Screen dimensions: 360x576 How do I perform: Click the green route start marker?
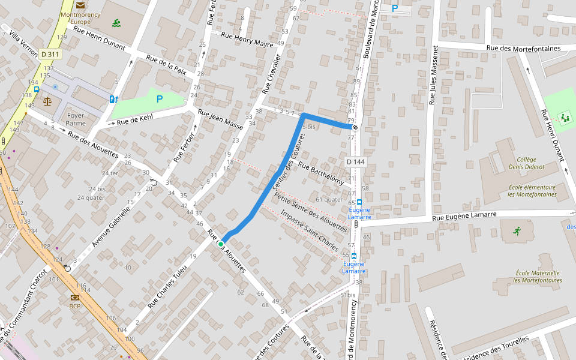pyautogui.click(x=221, y=244)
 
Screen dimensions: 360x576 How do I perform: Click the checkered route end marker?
pyautogui.click(x=355, y=127)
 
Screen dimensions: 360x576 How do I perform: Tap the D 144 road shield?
pyautogui.click(x=355, y=162)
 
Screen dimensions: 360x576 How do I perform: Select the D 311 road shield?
pyautogui.click(x=50, y=54)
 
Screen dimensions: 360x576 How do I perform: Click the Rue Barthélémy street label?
pyautogui.click(x=320, y=174)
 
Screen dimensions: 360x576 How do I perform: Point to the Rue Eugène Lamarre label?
pyautogui.click(x=465, y=215)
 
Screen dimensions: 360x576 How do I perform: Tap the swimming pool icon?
pyautogui.click(x=116, y=23)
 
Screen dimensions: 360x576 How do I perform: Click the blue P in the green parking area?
pyautogui.click(x=160, y=100)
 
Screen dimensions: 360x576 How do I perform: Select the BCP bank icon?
pyautogui.click(x=75, y=298)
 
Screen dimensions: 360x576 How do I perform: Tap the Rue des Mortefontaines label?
pyautogui.click(x=523, y=48)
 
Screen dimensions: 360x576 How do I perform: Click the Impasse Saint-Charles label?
pyautogui.click(x=309, y=230)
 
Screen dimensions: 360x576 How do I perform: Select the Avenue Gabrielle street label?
pyautogui.click(x=111, y=229)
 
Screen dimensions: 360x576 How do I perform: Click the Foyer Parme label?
pyautogui.click(x=76, y=119)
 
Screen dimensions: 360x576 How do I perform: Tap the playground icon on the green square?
pyautogui.click(x=564, y=118)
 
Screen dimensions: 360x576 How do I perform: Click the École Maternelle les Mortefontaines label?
pyautogui.click(x=538, y=276)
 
